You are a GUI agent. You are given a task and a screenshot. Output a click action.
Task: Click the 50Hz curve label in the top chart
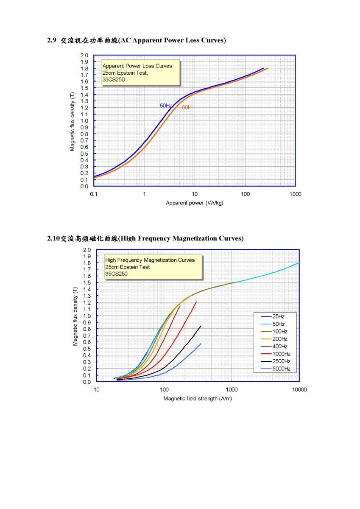[165, 106]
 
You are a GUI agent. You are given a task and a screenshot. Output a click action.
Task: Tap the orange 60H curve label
[187, 107]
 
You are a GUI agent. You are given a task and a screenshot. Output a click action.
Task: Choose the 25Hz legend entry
[273, 316]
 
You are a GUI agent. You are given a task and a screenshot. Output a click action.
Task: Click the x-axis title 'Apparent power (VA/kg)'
[195, 203]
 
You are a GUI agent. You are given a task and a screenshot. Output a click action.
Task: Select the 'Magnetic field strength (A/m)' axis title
[198, 399]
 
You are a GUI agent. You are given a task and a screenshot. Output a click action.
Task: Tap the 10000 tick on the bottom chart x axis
[299, 390]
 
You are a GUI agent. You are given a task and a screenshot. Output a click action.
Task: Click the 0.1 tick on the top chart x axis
[94, 194]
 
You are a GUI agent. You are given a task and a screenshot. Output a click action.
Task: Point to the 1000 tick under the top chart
[295, 194]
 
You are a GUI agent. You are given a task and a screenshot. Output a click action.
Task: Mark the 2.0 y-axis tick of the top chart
[84, 56]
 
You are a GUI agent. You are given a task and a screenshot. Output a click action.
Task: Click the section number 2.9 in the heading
[52, 40]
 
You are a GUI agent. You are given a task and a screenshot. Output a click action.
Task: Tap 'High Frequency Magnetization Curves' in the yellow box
[150, 260]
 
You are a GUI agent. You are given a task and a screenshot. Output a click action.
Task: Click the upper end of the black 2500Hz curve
[201, 326]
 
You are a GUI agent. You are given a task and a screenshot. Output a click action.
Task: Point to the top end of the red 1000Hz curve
[196, 302]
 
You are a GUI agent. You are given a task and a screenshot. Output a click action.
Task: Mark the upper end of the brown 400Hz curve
[180, 307]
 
